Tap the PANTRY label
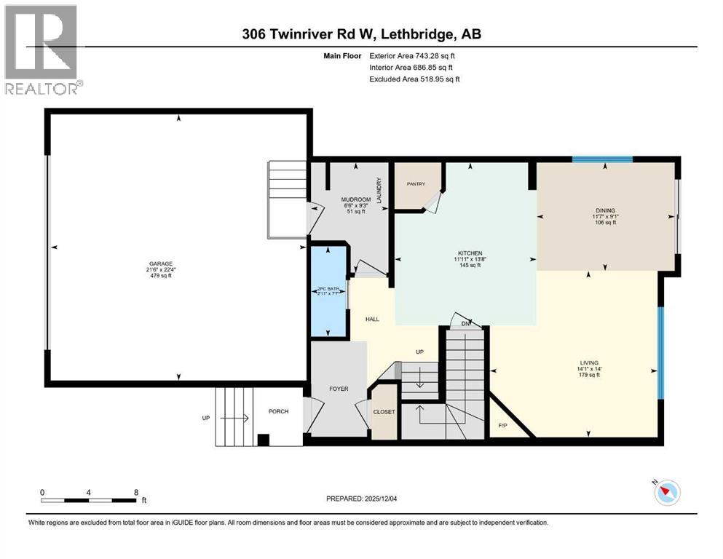[x=416, y=184]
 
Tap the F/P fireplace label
[x=502, y=425]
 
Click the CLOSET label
[x=384, y=412]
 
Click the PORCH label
[x=278, y=411]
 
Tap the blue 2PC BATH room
[x=328, y=291]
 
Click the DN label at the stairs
[x=463, y=323]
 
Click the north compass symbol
[x=665, y=493]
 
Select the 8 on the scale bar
[x=136, y=492]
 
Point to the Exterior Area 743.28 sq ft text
[x=413, y=55]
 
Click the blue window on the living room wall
[x=660, y=352]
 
